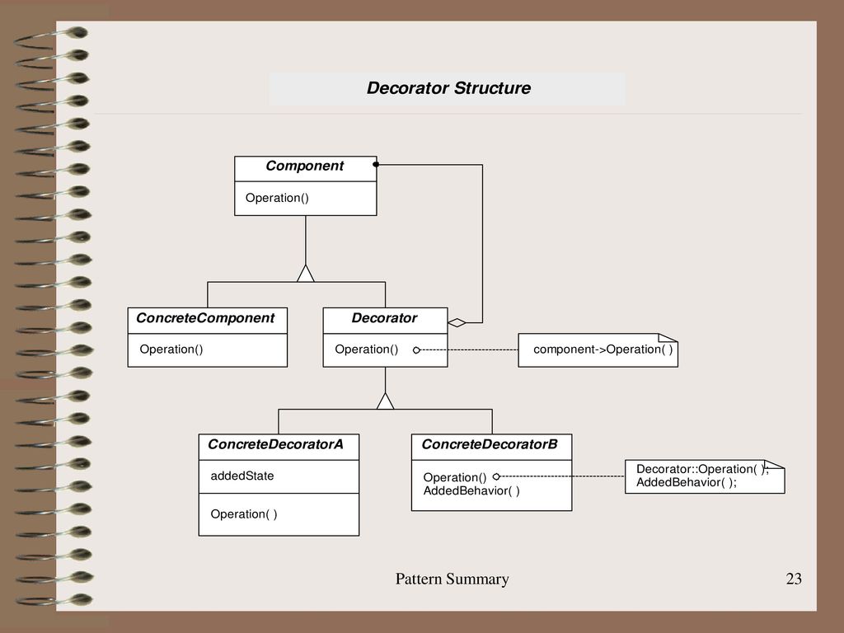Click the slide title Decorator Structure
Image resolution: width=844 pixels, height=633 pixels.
tap(448, 87)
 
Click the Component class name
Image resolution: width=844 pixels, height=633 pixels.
tap(305, 166)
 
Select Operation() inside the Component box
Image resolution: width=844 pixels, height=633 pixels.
tap(277, 198)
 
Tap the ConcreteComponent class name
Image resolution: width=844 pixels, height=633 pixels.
tap(205, 318)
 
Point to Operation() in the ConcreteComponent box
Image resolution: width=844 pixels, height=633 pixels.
tap(171, 349)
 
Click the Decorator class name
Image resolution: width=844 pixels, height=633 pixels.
tap(384, 318)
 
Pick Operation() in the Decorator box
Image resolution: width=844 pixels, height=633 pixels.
tap(367, 349)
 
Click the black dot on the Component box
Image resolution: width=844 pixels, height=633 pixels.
tap(376, 164)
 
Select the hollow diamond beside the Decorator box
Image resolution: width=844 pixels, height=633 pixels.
tap(457, 323)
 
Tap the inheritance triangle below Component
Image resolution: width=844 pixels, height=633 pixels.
tap(306, 274)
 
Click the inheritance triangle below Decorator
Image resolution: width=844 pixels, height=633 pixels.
tap(386, 401)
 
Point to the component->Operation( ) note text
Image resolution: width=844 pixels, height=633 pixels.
tap(603, 349)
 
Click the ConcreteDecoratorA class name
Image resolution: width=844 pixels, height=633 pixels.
tap(275, 444)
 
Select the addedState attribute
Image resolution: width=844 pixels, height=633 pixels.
tap(242, 476)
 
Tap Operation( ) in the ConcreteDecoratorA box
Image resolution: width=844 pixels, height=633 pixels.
tap(244, 514)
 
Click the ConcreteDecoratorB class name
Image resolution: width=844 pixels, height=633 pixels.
tap(490, 444)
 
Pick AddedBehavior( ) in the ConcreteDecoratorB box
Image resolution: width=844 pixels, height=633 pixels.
tap(471, 491)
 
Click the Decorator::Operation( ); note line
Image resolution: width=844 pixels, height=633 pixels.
tap(702, 469)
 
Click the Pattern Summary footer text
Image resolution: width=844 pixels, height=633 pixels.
tap(452, 579)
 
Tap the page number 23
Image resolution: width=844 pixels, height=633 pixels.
tap(794, 579)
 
